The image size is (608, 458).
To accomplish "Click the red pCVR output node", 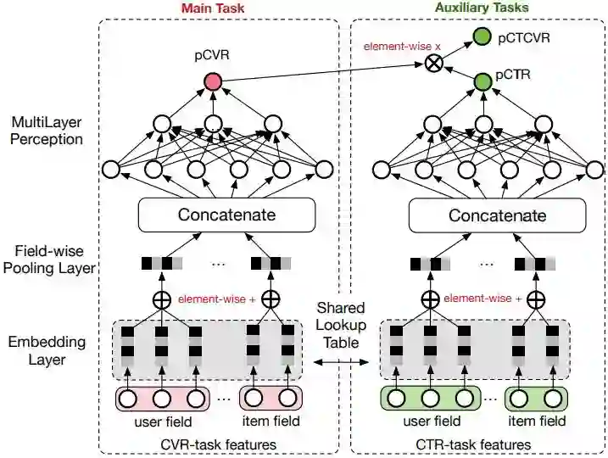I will pos(212,81).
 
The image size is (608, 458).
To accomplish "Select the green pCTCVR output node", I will pos(482,36).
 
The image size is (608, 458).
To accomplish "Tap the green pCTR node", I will pos(482,81).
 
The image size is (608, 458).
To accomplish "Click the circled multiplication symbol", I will pos(437,63).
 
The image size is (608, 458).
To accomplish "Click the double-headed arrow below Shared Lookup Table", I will pos(340,362).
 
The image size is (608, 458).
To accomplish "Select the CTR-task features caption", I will pos(487,444).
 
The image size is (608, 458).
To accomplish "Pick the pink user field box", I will pos(162,398).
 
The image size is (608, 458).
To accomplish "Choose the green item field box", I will pos(536,398).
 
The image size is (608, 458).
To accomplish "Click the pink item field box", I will pos(271,398).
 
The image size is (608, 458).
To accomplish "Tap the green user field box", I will pos(431,398).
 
